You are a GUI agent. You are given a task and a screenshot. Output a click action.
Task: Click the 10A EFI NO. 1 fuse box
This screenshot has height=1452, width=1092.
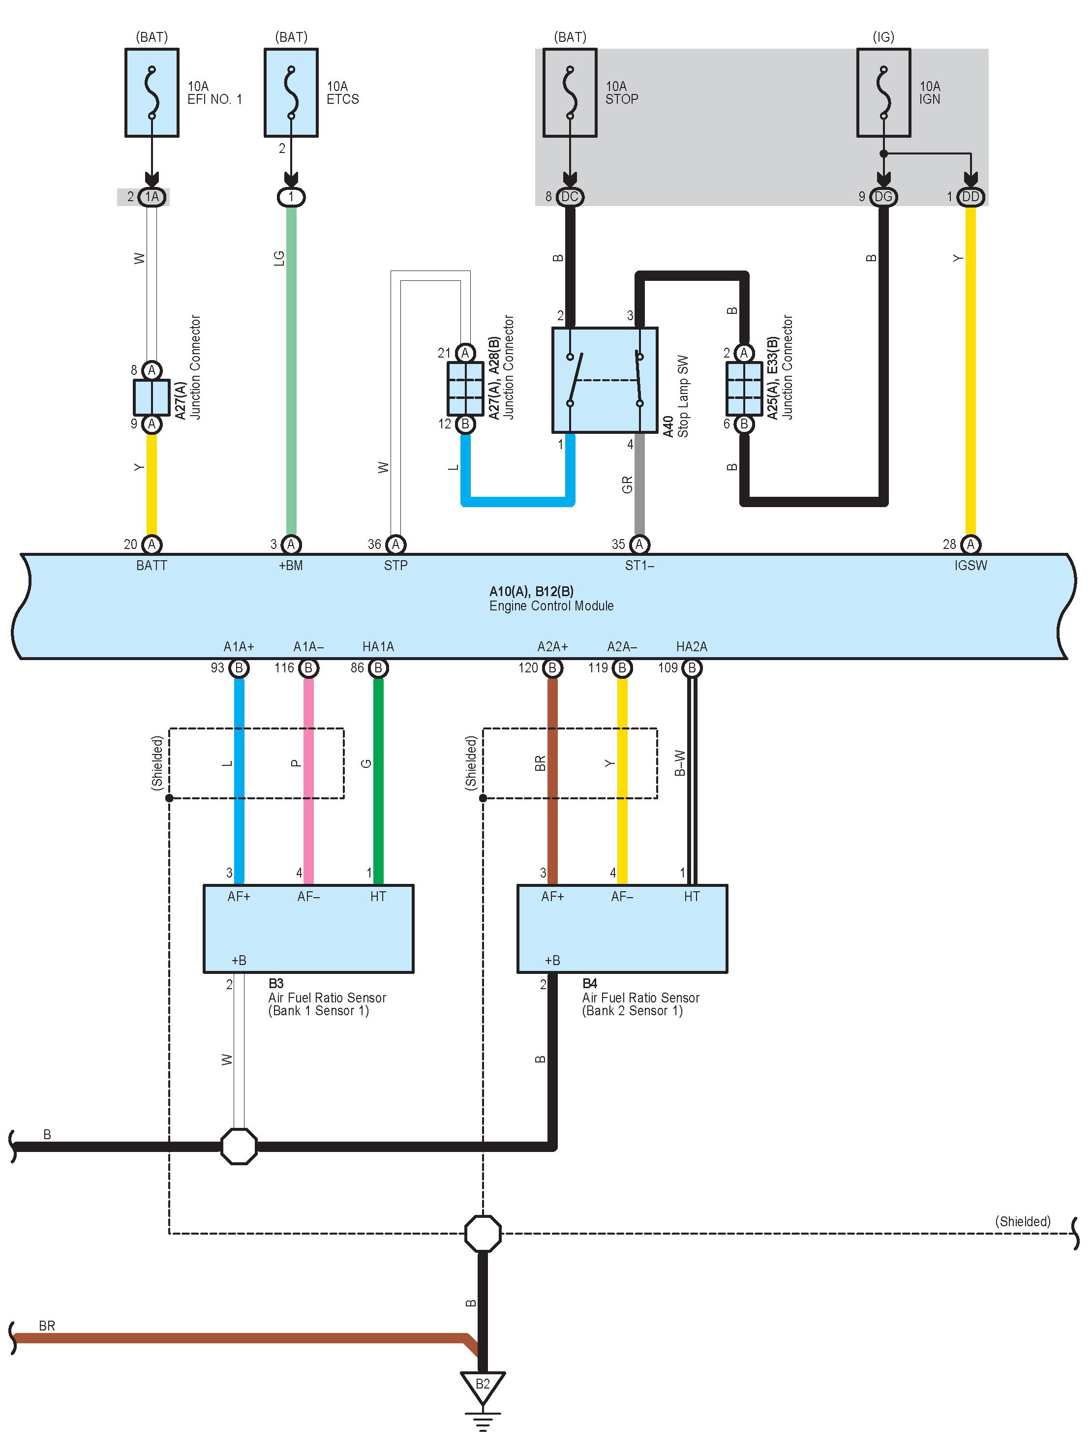click(152, 92)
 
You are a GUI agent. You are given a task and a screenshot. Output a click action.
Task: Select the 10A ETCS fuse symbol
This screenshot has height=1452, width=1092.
click(291, 92)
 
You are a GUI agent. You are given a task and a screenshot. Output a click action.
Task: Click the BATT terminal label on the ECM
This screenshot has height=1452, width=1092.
click(152, 565)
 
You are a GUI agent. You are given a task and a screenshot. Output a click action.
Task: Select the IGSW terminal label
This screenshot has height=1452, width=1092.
click(971, 565)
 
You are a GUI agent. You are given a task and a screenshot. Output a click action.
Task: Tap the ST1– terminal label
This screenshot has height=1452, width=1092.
click(639, 565)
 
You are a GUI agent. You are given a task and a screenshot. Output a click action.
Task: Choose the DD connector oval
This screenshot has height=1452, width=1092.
click(971, 197)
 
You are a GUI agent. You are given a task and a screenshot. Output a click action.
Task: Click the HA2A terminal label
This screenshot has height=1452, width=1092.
click(692, 647)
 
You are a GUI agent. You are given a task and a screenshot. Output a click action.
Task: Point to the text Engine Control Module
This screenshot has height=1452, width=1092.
click(551, 606)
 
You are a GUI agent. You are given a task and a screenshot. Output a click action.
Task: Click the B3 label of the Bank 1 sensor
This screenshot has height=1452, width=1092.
click(276, 983)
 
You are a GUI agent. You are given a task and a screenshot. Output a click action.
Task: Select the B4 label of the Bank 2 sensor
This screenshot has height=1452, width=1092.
click(590, 983)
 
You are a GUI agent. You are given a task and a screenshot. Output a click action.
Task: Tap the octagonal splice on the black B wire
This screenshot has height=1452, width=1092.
click(239, 1147)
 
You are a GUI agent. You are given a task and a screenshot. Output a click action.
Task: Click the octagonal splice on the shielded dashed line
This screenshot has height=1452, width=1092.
click(483, 1234)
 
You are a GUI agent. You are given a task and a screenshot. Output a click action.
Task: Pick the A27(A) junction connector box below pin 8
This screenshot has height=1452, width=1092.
click(152, 397)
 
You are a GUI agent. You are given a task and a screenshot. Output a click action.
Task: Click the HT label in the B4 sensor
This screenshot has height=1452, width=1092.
click(692, 897)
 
